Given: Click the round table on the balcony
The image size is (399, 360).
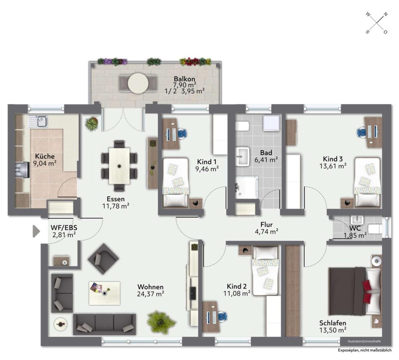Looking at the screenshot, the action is (x=138, y=83).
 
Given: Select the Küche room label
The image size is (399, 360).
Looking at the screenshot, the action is (x=45, y=156).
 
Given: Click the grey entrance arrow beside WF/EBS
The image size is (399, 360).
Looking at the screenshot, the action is (x=36, y=231).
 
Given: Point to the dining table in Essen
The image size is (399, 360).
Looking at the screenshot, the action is (x=119, y=166).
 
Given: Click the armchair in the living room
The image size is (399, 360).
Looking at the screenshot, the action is (x=103, y=259).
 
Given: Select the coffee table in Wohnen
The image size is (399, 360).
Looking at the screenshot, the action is (x=104, y=293).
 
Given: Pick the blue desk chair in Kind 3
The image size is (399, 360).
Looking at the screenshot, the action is (x=362, y=132).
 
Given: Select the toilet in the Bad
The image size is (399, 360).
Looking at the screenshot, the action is (x=242, y=126).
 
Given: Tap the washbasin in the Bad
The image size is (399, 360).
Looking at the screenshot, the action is (x=242, y=157).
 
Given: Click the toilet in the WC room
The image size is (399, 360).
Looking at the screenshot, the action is (x=375, y=229).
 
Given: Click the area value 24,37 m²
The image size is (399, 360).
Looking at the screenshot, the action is (x=150, y=294).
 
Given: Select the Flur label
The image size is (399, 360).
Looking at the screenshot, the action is (x=266, y=225).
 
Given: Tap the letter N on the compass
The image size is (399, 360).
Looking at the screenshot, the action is (x=385, y=14).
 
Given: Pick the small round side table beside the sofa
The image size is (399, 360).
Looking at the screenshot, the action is (x=60, y=324).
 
